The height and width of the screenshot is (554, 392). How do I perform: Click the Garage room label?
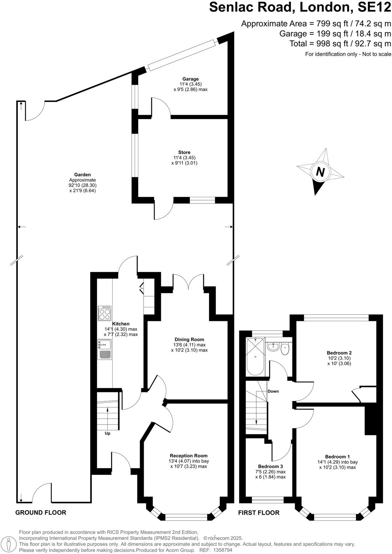pos(191,79)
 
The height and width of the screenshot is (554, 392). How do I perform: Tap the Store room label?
pos(184,153)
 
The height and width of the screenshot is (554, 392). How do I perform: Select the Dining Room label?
pos(189,340)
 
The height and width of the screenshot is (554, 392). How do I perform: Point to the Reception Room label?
pos(189,456)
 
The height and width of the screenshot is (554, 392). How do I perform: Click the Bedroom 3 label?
pos(270,466)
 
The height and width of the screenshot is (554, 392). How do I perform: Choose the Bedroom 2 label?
pos(339,353)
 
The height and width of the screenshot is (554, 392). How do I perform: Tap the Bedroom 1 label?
pos(338,457)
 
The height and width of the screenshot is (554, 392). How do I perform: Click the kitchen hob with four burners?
pos(105,313)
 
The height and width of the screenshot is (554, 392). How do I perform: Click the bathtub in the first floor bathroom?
pos(255,357)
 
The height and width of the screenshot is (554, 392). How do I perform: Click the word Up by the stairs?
pos(107,433)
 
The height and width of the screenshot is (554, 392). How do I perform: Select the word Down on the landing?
pos(273,391)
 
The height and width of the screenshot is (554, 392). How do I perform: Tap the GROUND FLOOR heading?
pos(41,513)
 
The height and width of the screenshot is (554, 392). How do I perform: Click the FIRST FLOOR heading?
pos(259,513)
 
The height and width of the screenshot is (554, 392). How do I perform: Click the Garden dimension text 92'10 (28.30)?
pos(82,185)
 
